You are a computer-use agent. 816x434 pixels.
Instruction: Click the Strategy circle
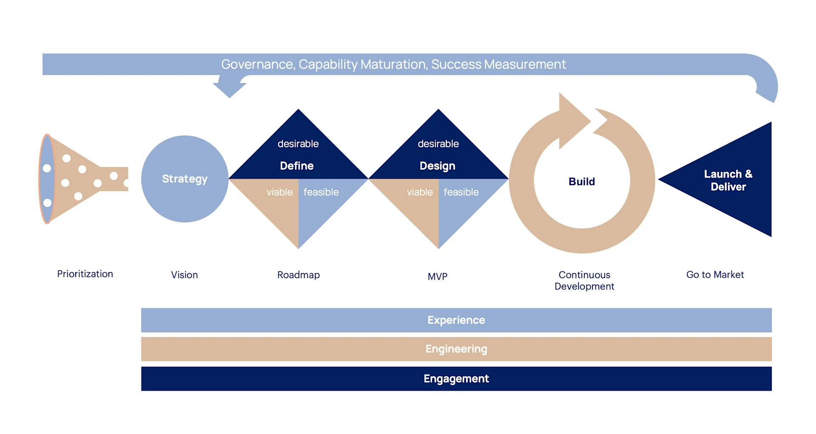click(184, 179)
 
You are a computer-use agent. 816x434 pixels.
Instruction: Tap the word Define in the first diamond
click(297, 166)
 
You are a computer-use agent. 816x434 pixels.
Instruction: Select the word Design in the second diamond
click(437, 166)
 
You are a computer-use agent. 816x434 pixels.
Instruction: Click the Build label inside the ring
click(581, 181)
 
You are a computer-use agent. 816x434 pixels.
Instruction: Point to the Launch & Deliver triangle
click(728, 180)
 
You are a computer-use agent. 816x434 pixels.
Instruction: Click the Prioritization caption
click(85, 274)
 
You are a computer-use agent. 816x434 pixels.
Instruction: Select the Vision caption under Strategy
click(184, 275)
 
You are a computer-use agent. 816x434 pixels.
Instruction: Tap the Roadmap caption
click(298, 275)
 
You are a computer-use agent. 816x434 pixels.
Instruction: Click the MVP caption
click(437, 276)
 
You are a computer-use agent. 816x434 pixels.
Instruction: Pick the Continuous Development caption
click(584, 280)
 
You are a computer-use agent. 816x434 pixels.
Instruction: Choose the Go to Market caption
click(715, 275)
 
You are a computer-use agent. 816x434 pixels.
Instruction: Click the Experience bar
click(456, 320)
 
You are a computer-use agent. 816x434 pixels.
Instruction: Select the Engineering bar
click(456, 349)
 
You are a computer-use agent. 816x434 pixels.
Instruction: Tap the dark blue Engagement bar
click(456, 379)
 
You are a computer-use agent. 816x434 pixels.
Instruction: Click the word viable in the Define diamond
click(279, 192)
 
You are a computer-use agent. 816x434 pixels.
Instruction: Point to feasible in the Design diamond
click(461, 192)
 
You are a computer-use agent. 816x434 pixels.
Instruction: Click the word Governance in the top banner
click(257, 64)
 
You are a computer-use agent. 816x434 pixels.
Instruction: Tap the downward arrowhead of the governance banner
click(229, 88)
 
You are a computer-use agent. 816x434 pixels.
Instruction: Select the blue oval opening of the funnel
click(47, 179)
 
